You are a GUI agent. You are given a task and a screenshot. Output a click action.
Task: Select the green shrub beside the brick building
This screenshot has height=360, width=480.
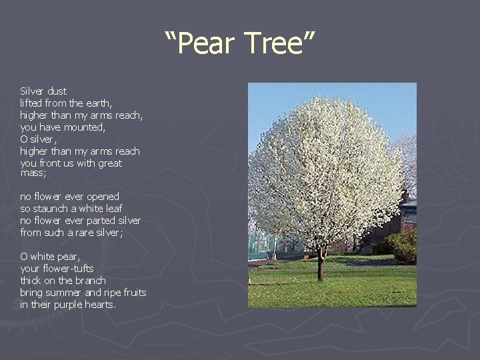(400, 247)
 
